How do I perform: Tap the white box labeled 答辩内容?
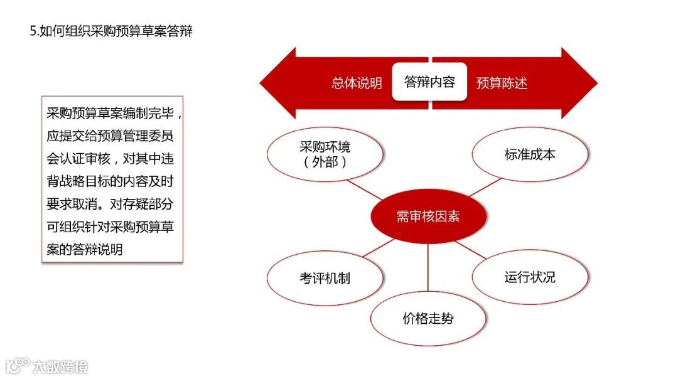[x=429, y=82]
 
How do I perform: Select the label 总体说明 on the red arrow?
[x=357, y=83]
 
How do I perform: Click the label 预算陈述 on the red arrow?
[x=502, y=83]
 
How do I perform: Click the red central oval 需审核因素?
[x=428, y=217]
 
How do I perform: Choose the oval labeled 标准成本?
[x=530, y=154]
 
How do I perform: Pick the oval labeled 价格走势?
[x=428, y=319]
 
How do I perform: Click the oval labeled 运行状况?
[x=530, y=277]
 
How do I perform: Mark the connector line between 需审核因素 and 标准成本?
[x=484, y=187]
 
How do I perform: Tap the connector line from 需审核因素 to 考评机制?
[x=379, y=248]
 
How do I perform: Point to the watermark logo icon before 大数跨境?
[x=18, y=365]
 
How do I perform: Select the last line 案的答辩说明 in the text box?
[x=84, y=249]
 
